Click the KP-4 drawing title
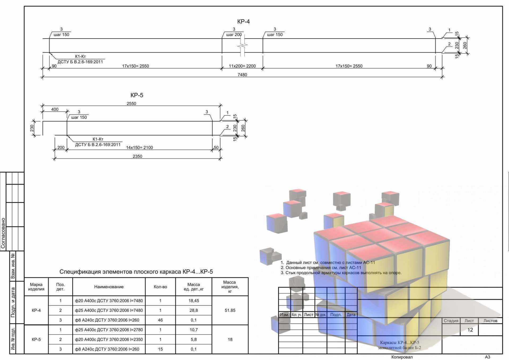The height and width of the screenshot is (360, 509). pos(243,21)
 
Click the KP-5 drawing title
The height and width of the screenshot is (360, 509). pos(137,95)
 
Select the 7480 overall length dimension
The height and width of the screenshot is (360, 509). pos(242,75)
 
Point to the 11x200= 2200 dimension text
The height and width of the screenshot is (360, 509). pos(242,66)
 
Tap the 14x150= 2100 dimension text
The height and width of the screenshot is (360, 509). pos(139,148)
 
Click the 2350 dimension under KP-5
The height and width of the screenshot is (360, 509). pos(137,156)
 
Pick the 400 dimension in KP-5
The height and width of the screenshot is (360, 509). pos(55,109)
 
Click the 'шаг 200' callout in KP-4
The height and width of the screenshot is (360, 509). pos(234,34)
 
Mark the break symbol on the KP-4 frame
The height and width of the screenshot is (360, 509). pos(243,46)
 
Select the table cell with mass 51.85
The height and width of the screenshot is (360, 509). pos(230,310)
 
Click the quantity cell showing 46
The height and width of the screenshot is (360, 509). pos(160,320)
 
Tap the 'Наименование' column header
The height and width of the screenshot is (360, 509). pos(109,287)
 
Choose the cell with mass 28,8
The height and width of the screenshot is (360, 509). pos(194,310)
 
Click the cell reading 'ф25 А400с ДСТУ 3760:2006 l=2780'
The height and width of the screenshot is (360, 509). pos(109,330)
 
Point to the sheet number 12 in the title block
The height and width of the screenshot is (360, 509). pos(470,330)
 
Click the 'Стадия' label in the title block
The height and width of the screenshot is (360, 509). pos(451,321)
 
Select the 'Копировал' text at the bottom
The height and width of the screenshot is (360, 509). pos(402,357)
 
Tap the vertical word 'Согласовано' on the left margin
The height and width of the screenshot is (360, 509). pos(3,233)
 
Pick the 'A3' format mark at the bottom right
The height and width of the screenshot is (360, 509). pos(488,357)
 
